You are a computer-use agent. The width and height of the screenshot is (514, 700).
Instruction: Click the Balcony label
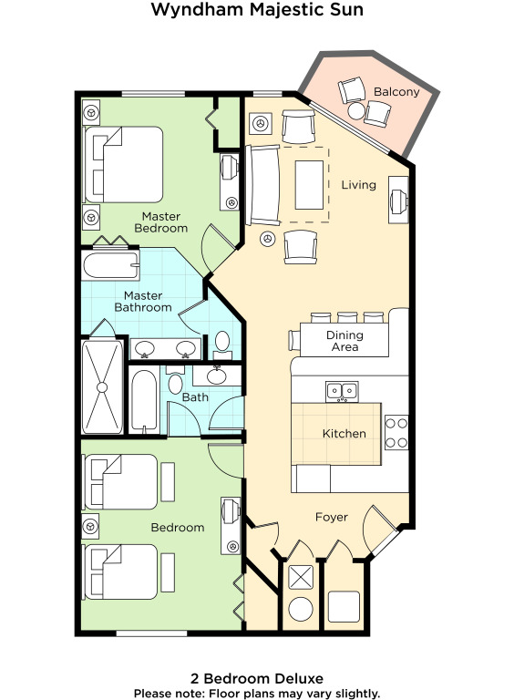396,92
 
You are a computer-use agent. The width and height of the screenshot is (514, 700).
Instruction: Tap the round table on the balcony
356,111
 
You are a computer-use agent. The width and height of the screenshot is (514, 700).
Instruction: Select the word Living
358,185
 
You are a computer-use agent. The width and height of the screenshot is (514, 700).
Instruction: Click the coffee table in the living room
309,185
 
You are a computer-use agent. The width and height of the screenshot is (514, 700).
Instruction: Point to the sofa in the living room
263,185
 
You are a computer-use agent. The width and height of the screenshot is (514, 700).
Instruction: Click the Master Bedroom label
160,222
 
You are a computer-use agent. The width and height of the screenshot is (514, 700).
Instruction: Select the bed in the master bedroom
124,165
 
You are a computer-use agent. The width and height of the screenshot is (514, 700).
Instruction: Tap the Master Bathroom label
143,302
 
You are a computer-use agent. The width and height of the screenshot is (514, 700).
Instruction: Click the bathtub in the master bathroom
110,265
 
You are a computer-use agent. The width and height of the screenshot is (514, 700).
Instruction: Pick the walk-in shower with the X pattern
102,386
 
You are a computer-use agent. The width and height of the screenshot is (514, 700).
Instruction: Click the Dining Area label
344,341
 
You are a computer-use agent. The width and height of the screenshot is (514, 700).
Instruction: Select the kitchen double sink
342,392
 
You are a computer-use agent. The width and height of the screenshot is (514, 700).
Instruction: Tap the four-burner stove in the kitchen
396,433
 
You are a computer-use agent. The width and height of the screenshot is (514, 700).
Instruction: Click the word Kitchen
344,434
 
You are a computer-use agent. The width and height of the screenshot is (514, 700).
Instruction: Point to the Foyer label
331,517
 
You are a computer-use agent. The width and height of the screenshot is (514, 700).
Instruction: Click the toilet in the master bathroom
222,344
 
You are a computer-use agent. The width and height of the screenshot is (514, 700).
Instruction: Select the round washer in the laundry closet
301,609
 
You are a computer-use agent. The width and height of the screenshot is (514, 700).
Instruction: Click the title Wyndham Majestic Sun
257,9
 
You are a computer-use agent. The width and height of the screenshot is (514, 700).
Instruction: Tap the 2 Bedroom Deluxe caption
257,678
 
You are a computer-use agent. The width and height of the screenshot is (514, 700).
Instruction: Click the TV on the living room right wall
398,200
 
